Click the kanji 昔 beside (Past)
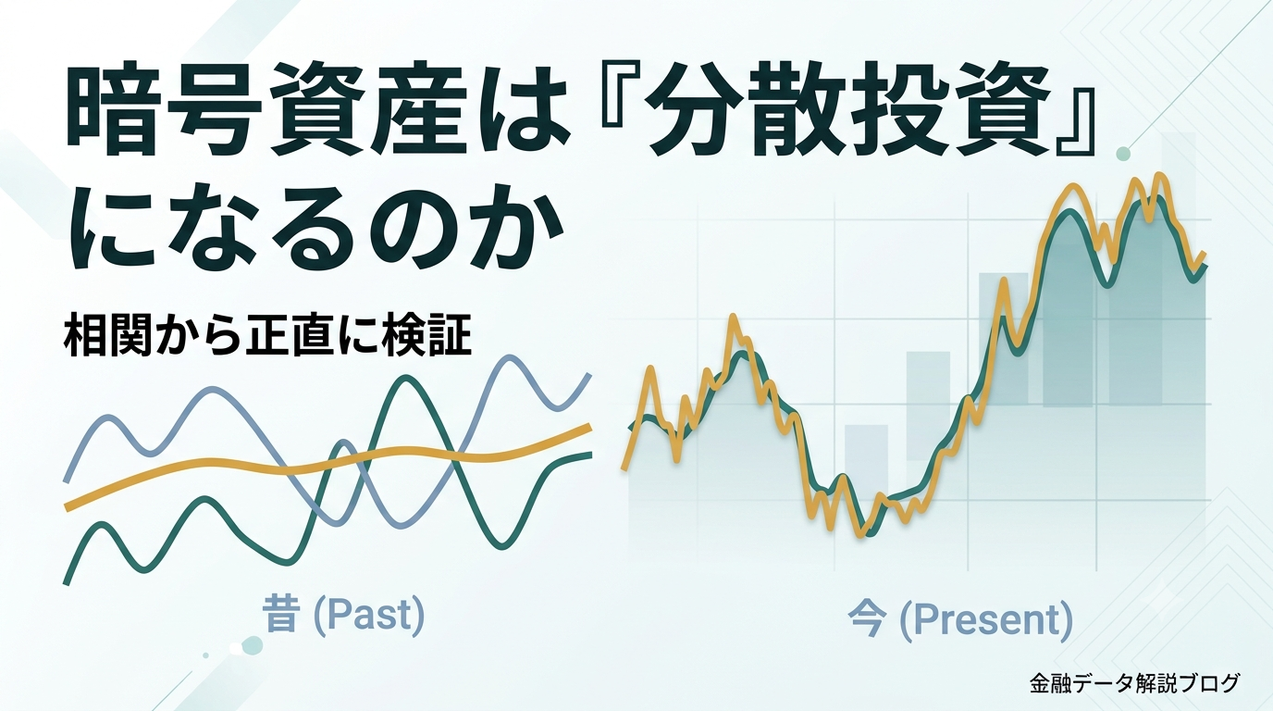pyautogui.click(x=280, y=615)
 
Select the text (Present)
pyautogui.click(x=986, y=620)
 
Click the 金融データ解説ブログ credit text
pyautogui.click(x=1134, y=683)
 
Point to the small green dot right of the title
pyautogui.click(x=1123, y=154)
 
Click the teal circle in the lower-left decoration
pyautogui.click(x=252, y=645)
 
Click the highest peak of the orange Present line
pyautogui.click(x=1158, y=175)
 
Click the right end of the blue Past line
pyautogui.click(x=588, y=376)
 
